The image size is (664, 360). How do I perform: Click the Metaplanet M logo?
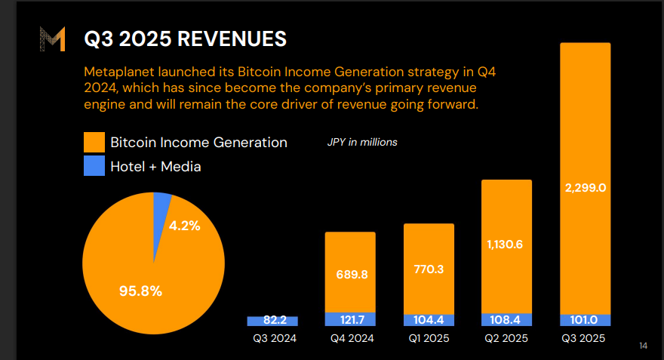[52, 39]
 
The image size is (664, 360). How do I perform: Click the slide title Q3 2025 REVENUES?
[185, 39]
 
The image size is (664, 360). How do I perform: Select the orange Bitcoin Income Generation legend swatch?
[94, 142]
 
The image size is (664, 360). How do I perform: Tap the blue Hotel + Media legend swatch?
[94, 166]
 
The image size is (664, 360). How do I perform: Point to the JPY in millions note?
[362, 142]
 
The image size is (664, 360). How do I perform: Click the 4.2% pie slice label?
[184, 225]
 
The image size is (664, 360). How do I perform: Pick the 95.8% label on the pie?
[140, 290]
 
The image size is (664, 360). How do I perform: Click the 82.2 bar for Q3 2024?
[272, 321]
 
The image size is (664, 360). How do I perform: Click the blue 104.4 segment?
[429, 320]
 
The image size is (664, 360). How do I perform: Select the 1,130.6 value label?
[507, 244]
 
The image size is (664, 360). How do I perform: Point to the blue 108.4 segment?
[507, 320]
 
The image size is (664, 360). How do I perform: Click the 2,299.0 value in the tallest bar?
[586, 187]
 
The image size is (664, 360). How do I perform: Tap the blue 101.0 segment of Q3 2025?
[586, 320]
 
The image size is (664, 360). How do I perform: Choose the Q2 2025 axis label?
[507, 338]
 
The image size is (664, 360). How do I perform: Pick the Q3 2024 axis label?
[274, 338]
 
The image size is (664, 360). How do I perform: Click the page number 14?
[643, 346]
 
